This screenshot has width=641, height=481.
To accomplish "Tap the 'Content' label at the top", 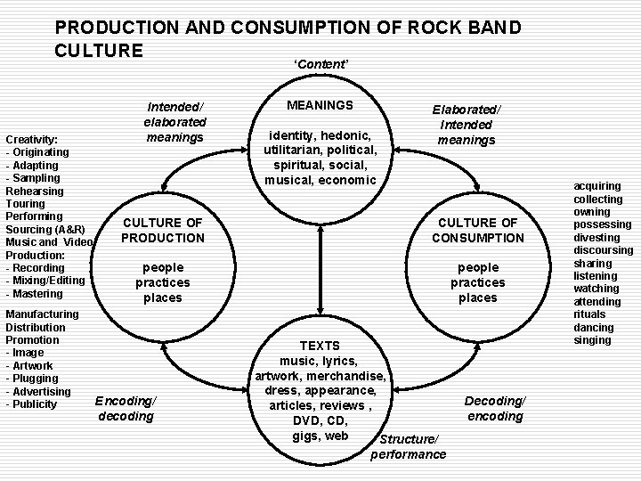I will click(x=321, y=64).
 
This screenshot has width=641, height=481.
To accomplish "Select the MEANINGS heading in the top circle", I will click(x=320, y=105).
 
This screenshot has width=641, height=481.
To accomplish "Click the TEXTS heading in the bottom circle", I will click(x=319, y=345).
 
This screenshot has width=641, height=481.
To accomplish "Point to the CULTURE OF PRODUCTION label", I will click(x=163, y=230).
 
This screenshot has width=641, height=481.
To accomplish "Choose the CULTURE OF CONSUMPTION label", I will click(x=478, y=230).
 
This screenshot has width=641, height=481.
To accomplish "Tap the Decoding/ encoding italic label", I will click(x=495, y=408).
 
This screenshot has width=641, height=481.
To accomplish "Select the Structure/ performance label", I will click(x=409, y=447).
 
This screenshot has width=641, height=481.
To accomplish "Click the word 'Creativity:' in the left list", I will click(x=32, y=140).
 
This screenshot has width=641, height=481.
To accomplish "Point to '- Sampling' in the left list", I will click(x=33, y=178).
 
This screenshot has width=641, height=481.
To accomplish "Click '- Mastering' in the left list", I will click(x=35, y=293).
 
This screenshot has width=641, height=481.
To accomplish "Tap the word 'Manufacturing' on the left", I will click(x=42, y=314).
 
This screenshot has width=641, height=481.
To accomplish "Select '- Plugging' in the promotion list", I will click(x=32, y=379).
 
